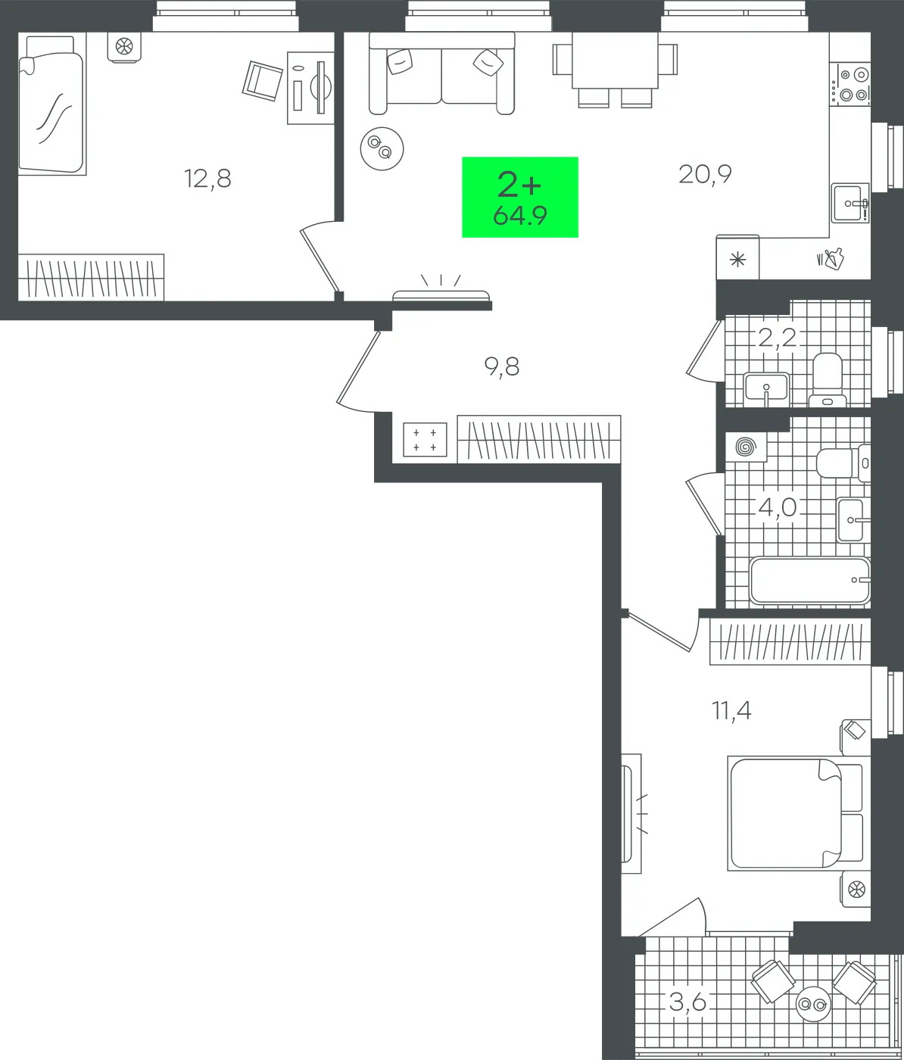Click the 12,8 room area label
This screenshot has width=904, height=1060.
(x=207, y=179)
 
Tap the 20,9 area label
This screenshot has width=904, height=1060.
(x=705, y=174)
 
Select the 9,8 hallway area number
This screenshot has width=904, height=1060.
(x=501, y=366)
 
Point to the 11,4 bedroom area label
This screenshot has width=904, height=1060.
(x=731, y=711)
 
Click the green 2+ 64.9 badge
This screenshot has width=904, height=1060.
(x=520, y=198)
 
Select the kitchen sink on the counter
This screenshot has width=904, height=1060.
(x=849, y=203)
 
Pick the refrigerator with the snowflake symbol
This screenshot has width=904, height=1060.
(x=737, y=257)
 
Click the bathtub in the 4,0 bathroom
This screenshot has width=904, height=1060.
(x=809, y=581)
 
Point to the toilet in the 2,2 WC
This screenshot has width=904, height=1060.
(x=827, y=379)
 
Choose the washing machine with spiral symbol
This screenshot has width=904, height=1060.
(x=746, y=447)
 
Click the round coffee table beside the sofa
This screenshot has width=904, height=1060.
(x=382, y=148)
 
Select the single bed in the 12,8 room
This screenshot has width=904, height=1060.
(x=51, y=104)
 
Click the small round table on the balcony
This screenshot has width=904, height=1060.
(x=813, y=1004)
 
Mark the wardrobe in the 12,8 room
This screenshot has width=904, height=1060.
(x=92, y=277)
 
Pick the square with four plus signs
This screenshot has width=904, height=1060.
(x=425, y=439)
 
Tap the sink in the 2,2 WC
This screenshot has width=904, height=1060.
(x=766, y=388)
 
